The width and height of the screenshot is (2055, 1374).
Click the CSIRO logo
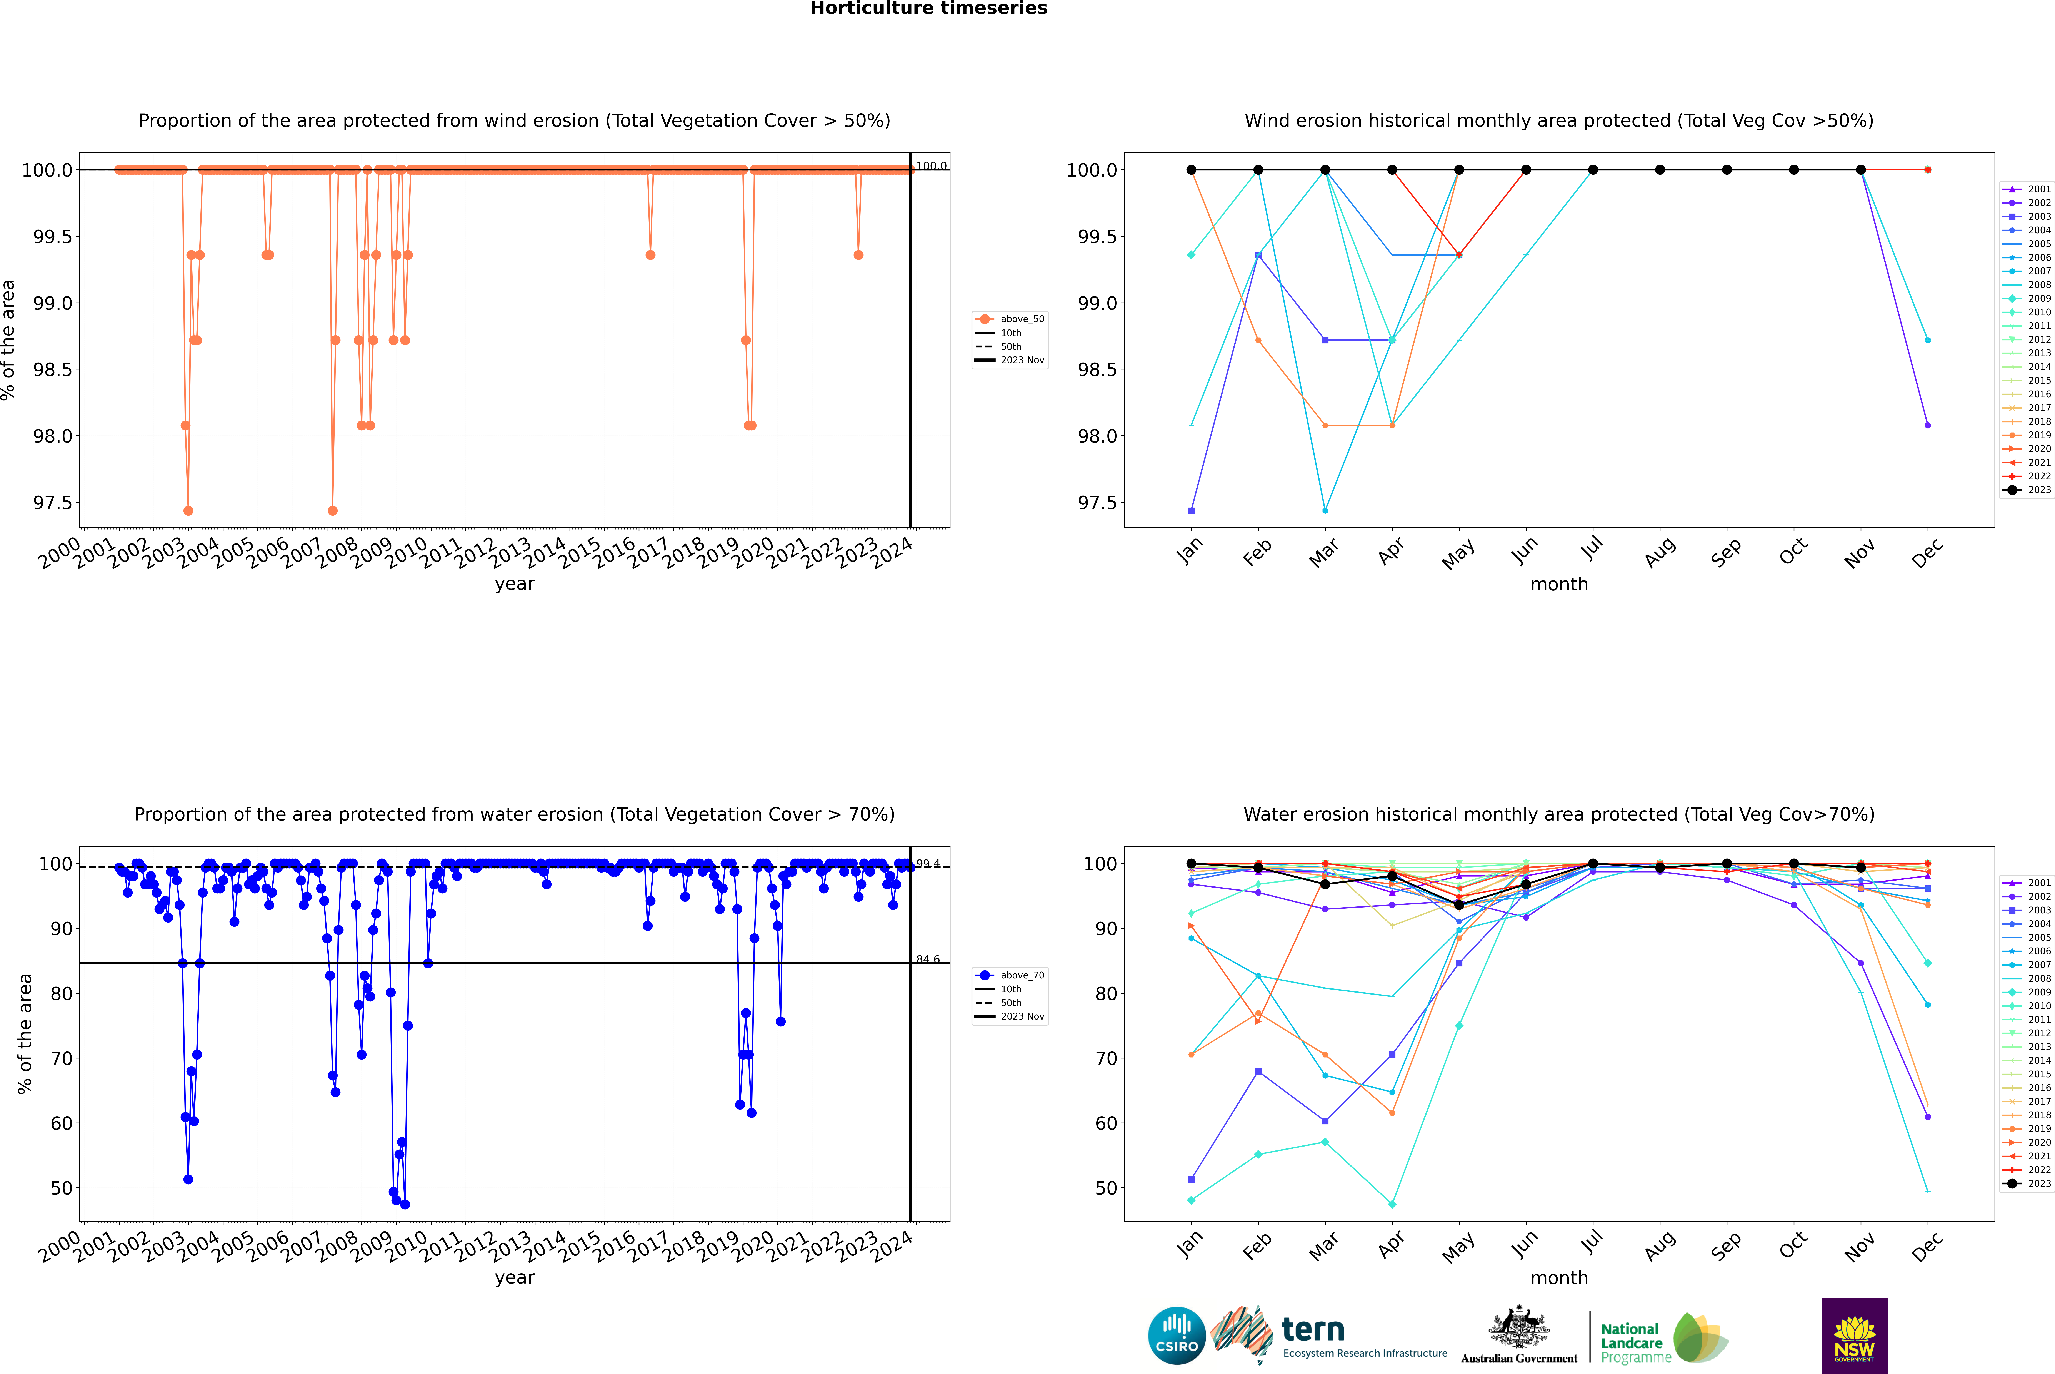point(1177,1336)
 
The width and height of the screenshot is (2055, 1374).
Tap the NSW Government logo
point(1854,1336)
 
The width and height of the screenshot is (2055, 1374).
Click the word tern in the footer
point(1312,1329)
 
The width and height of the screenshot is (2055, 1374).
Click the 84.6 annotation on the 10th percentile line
point(928,959)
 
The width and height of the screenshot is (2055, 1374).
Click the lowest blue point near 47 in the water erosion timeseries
point(405,1205)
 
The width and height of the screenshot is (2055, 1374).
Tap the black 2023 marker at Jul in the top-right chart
point(1592,170)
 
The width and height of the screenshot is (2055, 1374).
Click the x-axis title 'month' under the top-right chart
point(1558,585)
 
